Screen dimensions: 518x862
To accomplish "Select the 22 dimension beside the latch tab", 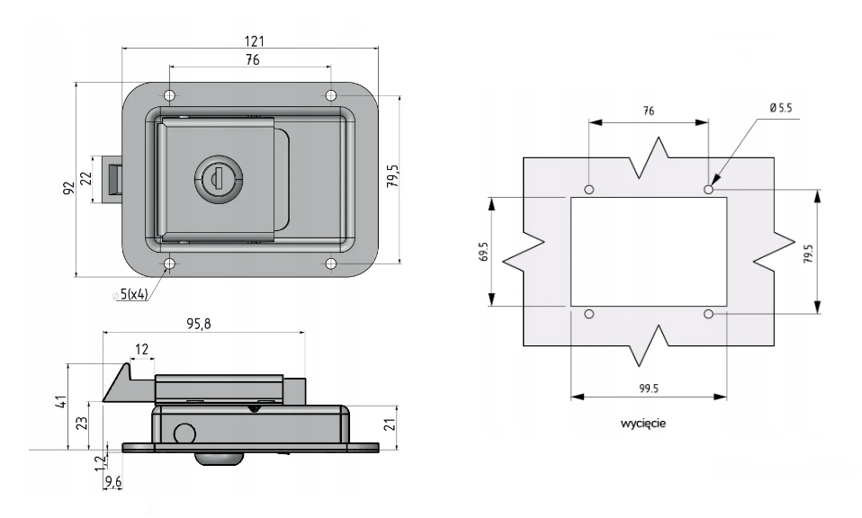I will (x=86, y=176).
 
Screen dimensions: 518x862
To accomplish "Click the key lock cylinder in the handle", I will (x=214, y=175).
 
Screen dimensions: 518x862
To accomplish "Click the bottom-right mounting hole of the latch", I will (x=330, y=264).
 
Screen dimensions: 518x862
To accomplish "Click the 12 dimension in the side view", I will (x=140, y=347).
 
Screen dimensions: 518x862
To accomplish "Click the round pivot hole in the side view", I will (x=184, y=433).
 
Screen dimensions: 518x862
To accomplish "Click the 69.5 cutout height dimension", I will (x=484, y=250).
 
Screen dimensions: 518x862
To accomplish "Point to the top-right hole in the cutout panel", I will (x=709, y=190).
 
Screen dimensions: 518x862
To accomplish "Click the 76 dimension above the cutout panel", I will (x=649, y=110).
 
